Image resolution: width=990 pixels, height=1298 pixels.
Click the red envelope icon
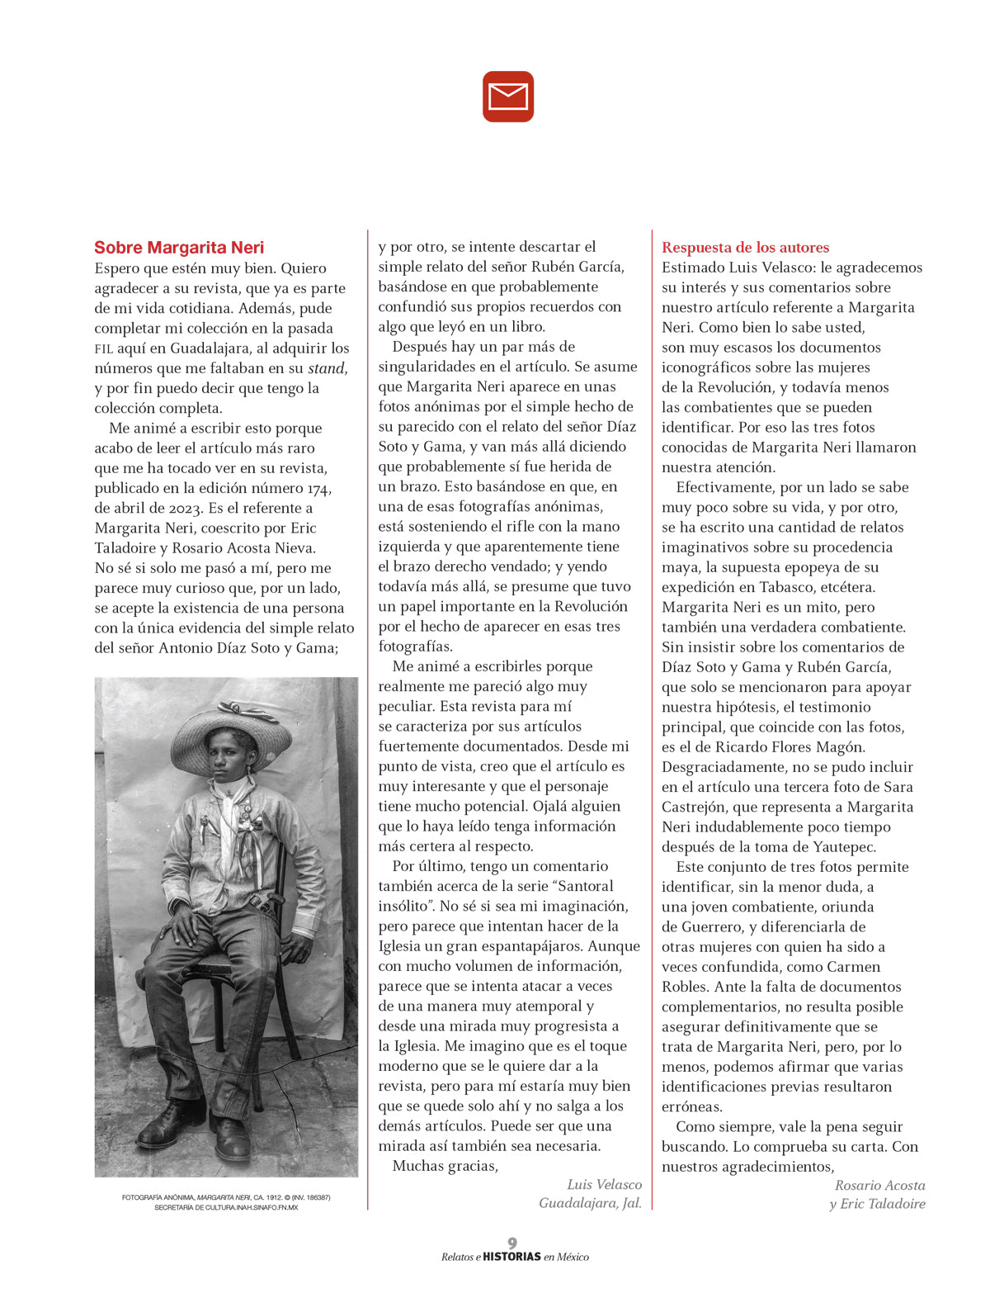coord(508,97)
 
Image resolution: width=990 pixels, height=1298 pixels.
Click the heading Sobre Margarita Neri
coord(179,248)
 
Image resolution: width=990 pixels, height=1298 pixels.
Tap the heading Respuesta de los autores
coord(745,248)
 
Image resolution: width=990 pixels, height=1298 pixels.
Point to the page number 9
coord(512,1243)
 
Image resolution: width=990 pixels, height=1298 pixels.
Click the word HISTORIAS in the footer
coord(511,1257)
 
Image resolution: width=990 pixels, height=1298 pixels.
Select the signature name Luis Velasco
coord(604,1185)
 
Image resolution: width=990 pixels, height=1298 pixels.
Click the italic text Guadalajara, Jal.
coord(590,1203)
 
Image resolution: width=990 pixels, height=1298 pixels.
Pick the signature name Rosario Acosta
coord(879,1186)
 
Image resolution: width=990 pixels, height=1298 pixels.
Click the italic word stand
coord(327,368)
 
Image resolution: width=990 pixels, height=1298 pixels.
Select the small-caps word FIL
coord(103,349)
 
